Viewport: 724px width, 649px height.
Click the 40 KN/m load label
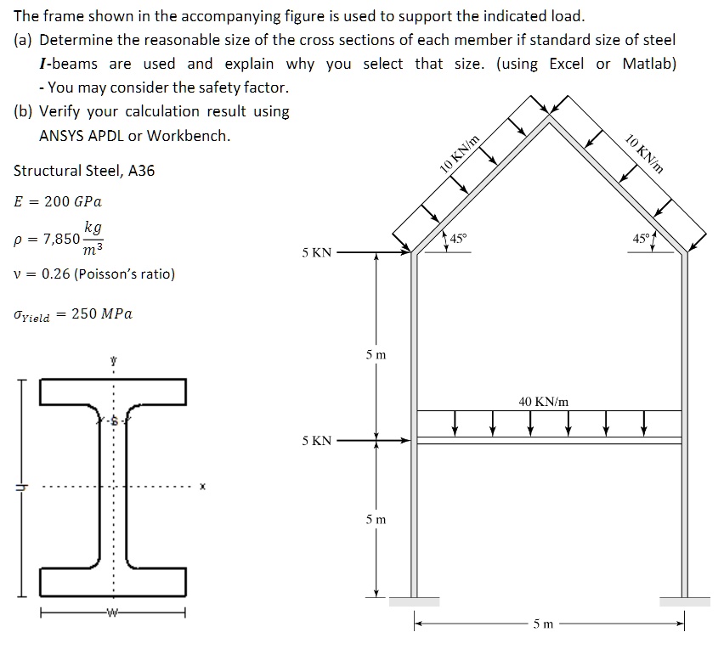click(x=544, y=401)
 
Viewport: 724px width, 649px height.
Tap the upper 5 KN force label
click(x=317, y=252)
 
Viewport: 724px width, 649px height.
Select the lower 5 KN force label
click(x=317, y=441)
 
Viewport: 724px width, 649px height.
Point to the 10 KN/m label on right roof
click(x=643, y=155)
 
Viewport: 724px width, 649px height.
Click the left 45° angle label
click(x=458, y=239)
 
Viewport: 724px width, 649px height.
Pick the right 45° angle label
click(x=640, y=239)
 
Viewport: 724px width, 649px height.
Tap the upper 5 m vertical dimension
click(x=376, y=354)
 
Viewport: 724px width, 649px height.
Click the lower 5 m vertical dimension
click(x=376, y=519)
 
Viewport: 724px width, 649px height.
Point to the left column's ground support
click(x=414, y=601)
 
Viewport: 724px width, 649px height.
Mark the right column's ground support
click(x=685, y=601)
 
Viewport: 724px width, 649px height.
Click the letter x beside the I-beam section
click(x=202, y=488)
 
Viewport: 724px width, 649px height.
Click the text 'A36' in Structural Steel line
click(x=139, y=171)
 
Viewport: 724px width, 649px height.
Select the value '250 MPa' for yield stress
click(x=102, y=313)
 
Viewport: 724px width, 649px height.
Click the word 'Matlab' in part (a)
click(x=648, y=64)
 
